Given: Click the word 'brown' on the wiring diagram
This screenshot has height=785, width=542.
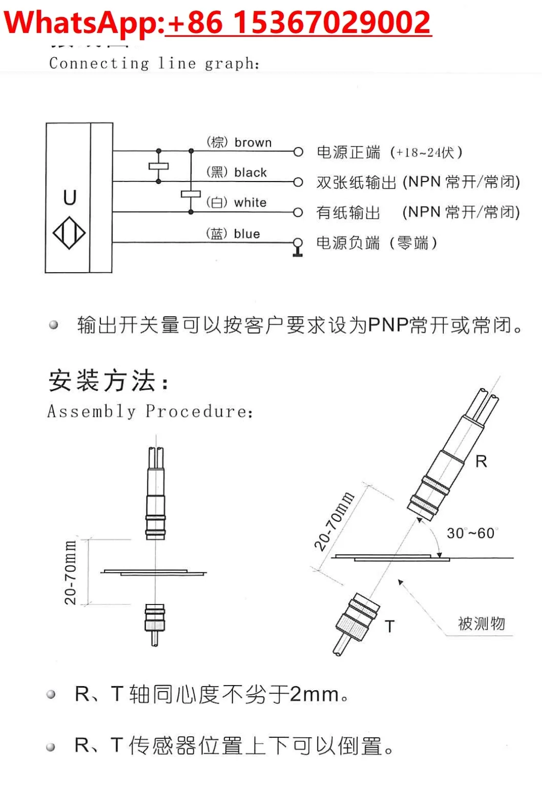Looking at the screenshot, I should [253, 143].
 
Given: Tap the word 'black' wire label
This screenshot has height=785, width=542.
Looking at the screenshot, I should [251, 173].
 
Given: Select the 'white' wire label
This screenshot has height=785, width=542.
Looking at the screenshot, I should [250, 203].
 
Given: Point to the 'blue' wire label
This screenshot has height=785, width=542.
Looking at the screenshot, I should [247, 234].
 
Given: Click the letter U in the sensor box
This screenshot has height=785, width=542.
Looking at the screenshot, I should [70, 197].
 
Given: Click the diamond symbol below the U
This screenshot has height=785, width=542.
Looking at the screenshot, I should [69, 233].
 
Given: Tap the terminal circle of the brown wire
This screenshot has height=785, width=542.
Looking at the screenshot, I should [298, 152].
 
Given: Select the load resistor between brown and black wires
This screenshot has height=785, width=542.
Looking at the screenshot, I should [158, 166].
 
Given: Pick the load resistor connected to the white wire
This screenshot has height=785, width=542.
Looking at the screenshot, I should [191, 194].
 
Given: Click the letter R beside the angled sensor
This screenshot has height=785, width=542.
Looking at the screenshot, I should [481, 461].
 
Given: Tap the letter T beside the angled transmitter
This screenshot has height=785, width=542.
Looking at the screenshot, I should [390, 626].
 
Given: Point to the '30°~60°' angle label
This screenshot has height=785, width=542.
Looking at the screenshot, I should [471, 533].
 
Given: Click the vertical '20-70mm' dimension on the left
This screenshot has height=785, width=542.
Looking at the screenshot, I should [70, 572].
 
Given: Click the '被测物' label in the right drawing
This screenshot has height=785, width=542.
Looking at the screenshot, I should [481, 623].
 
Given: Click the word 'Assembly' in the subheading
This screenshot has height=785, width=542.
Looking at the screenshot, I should [92, 411].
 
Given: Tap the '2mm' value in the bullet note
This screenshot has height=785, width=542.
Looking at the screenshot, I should [314, 694].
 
